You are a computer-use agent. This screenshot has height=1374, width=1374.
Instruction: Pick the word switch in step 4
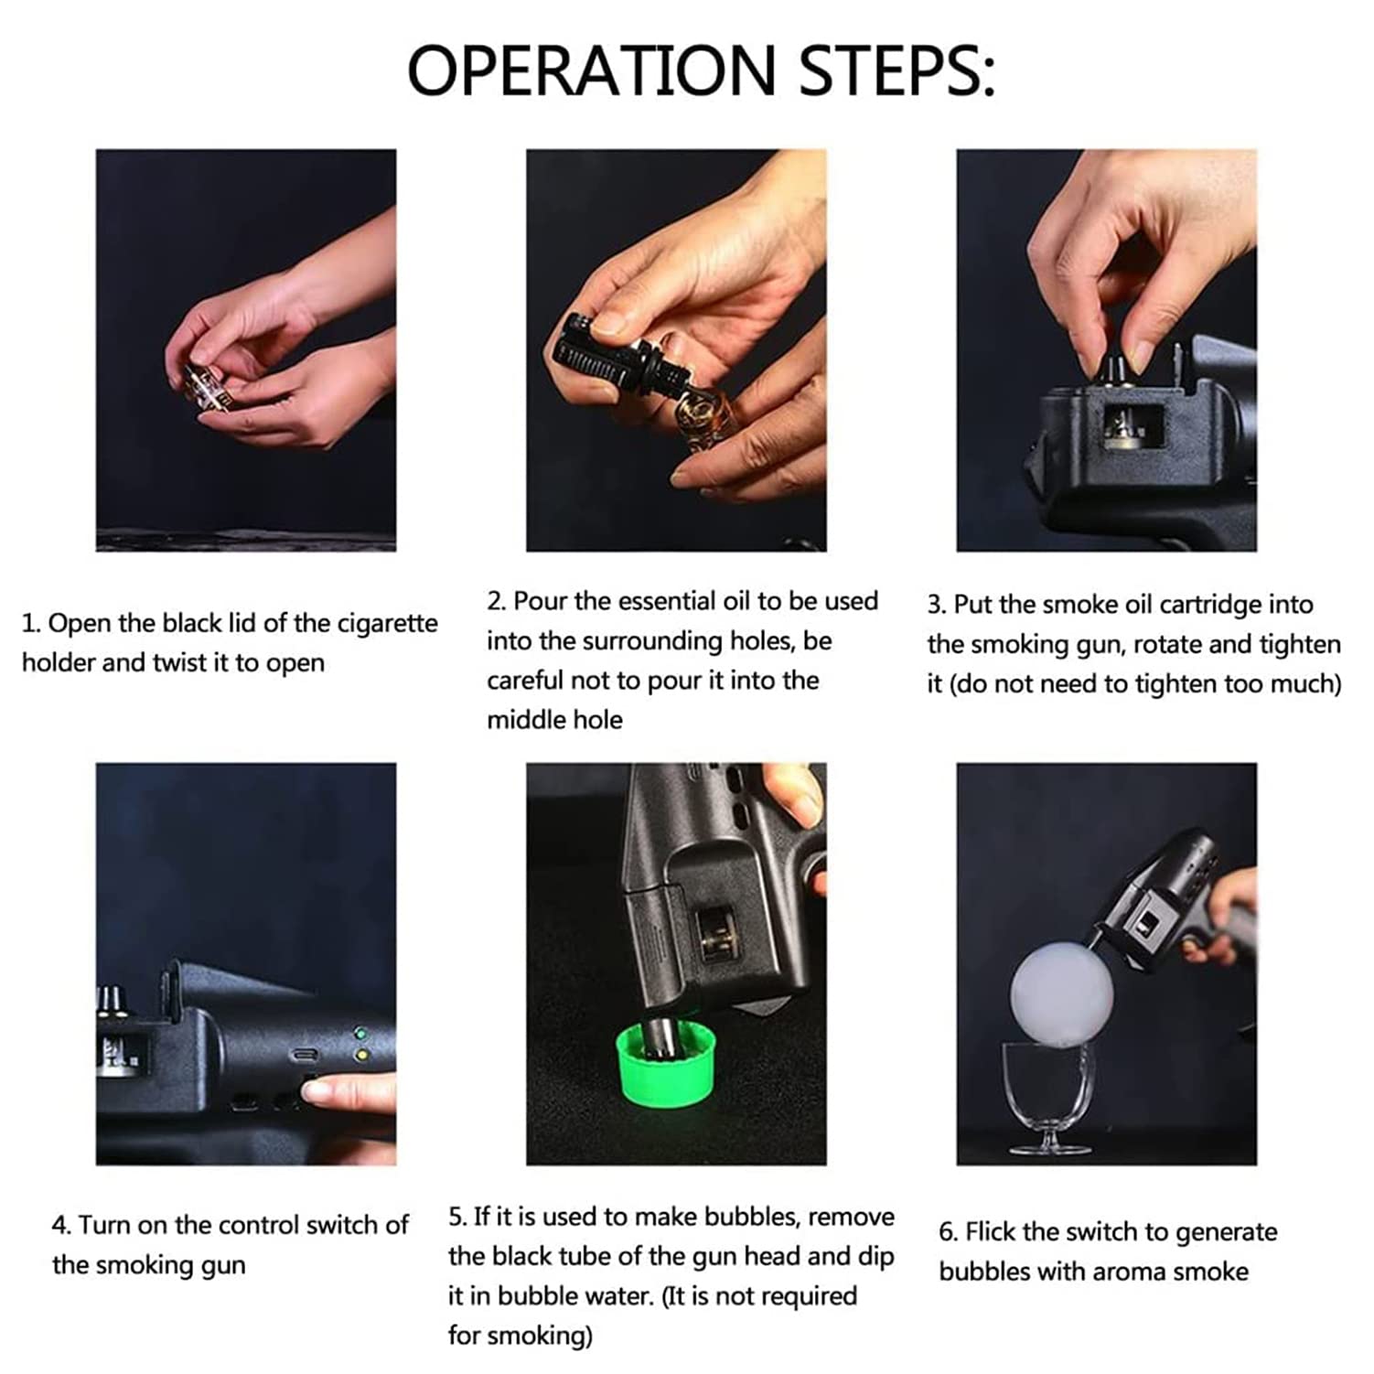pos(348,1225)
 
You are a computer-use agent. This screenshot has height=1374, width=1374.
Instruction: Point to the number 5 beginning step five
pos(456,1217)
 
